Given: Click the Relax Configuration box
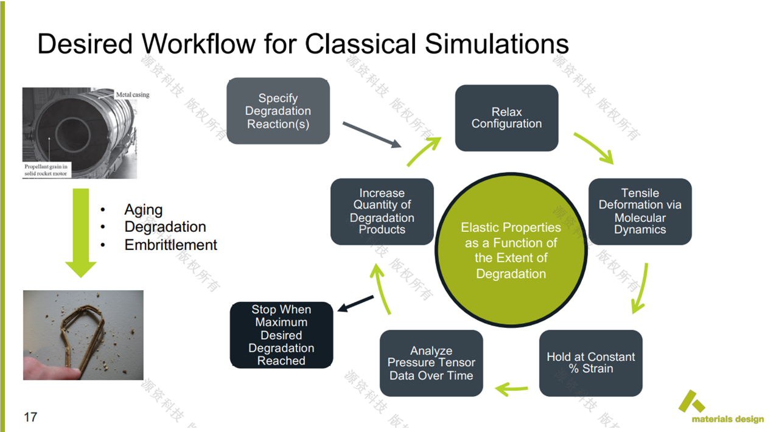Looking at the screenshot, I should click(506, 118).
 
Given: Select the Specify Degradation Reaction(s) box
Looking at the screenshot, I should click(278, 111).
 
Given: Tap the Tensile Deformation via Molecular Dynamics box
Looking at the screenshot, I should click(640, 212).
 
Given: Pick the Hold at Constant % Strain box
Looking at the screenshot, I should click(590, 363).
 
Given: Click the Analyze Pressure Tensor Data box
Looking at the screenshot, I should click(431, 363).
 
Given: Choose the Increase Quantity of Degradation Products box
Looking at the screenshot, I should click(382, 212).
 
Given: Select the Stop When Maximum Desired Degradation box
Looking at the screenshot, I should click(281, 335).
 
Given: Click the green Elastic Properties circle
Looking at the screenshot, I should click(511, 251).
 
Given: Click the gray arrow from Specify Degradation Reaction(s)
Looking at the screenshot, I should click(371, 134).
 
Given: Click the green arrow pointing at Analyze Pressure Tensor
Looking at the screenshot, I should click(511, 387).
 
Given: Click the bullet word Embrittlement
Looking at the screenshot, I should click(170, 245).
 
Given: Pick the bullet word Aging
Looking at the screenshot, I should click(143, 210).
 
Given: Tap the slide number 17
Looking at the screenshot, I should click(30, 417).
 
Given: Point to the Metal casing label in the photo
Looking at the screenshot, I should click(133, 95).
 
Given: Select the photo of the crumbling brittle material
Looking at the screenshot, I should click(83, 335).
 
